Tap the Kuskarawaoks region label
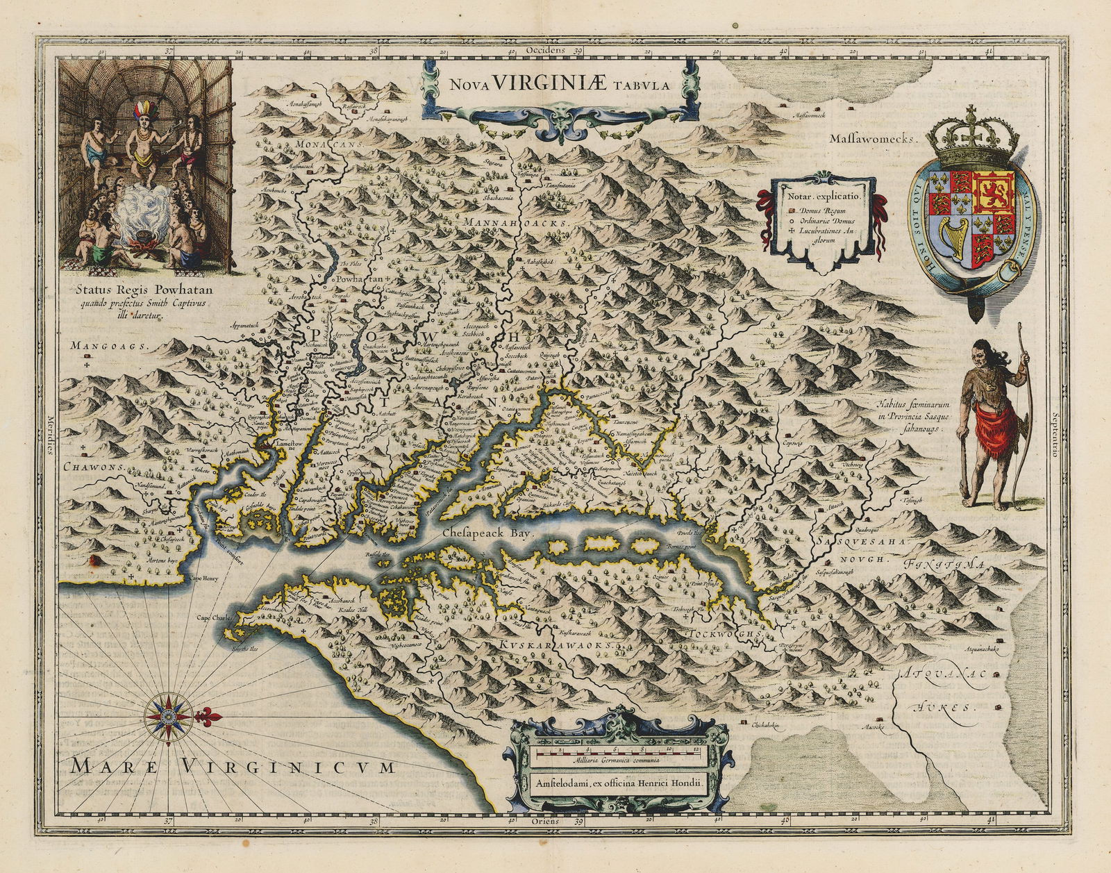pos(556,645)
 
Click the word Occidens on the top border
pos(547,50)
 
